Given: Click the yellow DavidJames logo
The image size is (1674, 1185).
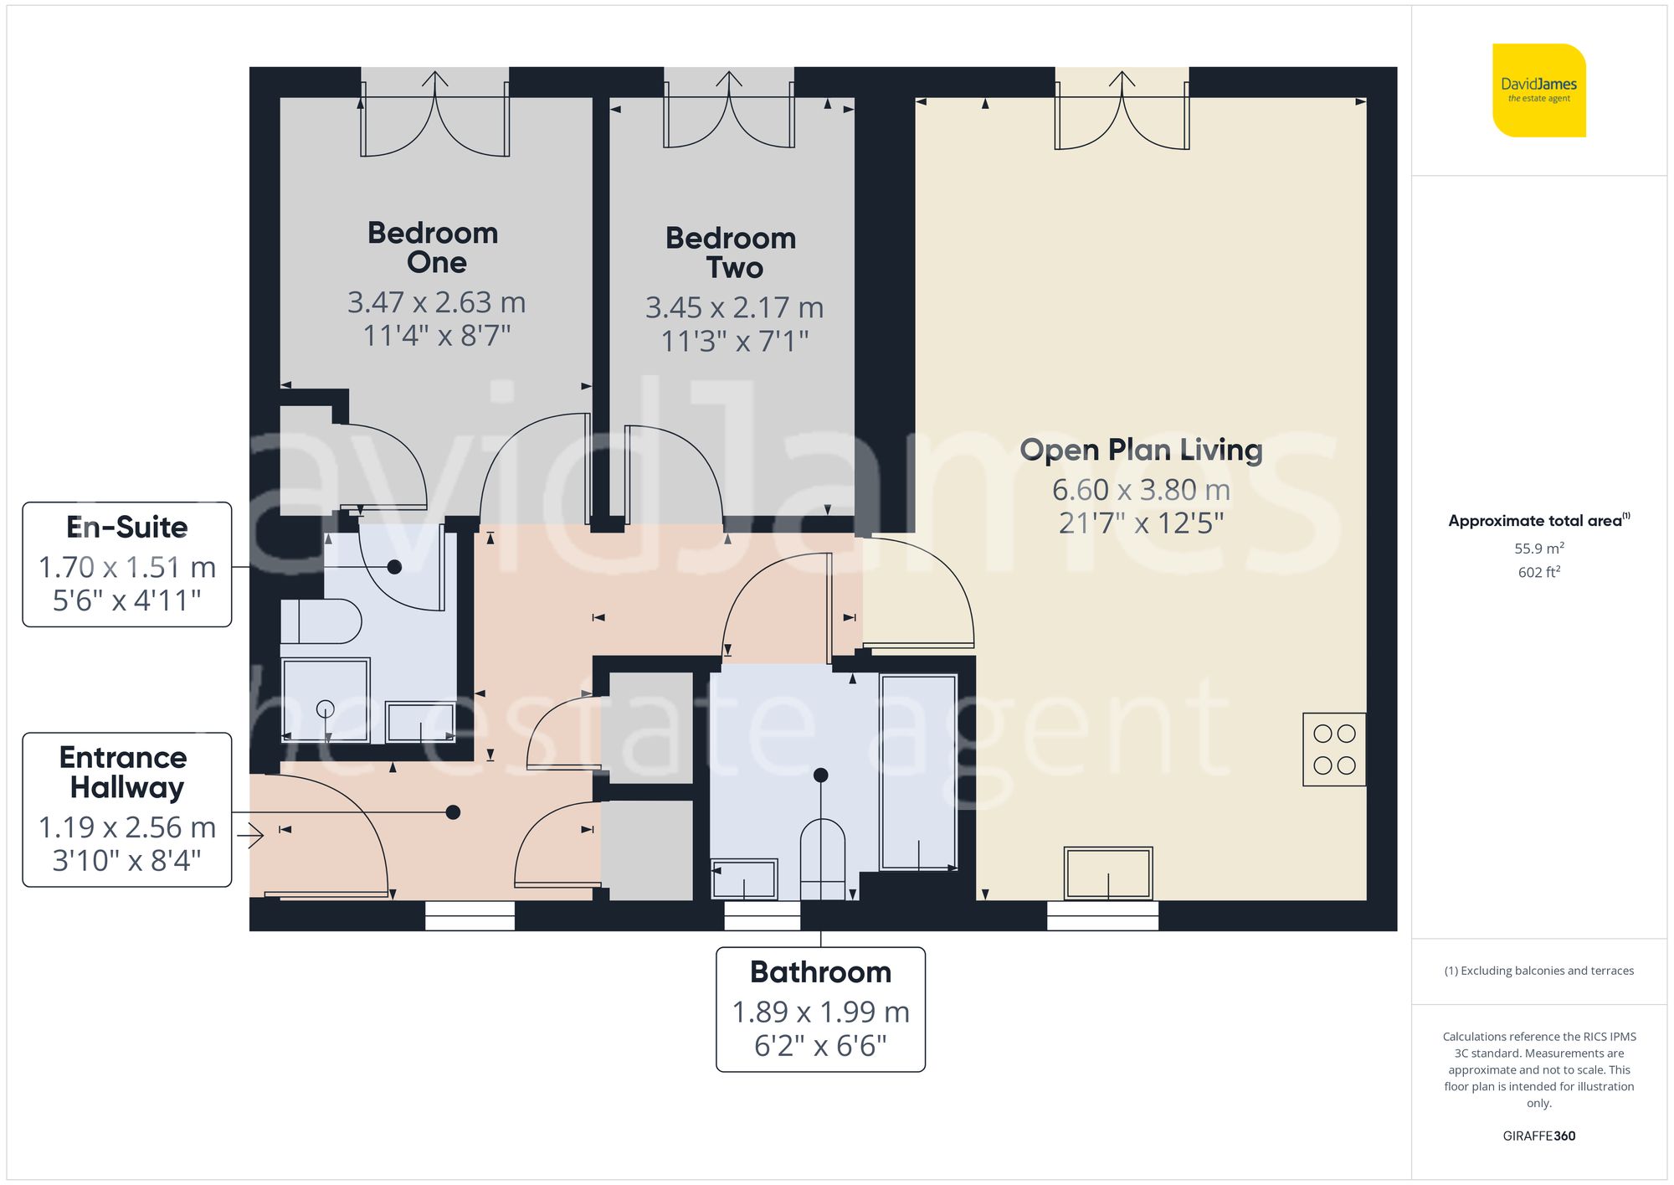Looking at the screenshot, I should (x=1538, y=90).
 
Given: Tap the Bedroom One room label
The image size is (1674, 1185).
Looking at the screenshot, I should (x=434, y=247).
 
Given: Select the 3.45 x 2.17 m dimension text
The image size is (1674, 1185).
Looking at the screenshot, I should (x=734, y=307).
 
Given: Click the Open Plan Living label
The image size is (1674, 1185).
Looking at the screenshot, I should (x=1141, y=450).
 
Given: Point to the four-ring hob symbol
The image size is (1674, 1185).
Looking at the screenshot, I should (x=1334, y=750).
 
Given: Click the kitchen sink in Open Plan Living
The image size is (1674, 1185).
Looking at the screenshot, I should (x=1108, y=873).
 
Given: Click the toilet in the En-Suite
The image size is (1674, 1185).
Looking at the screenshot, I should (x=322, y=621).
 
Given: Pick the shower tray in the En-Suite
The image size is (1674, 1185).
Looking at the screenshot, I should (x=326, y=701).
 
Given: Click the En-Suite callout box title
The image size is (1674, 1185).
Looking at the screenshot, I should (x=127, y=528).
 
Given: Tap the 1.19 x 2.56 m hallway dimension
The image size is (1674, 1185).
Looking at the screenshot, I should (x=127, y=827).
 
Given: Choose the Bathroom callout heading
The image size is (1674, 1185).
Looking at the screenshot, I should (x=820, y=972).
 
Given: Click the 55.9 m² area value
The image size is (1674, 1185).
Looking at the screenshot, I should (x=1538, y=549).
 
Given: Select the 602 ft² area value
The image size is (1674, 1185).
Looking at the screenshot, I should (x=1538, y=572).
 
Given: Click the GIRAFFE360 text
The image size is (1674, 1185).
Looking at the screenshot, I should (x=1538, y=1136).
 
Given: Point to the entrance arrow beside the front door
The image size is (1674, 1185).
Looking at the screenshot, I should (x=250, y=835).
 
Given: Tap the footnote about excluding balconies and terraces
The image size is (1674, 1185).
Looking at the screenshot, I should (x=1538, y=971).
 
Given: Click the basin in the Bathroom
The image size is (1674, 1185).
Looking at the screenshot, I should (x=743, y=878).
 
